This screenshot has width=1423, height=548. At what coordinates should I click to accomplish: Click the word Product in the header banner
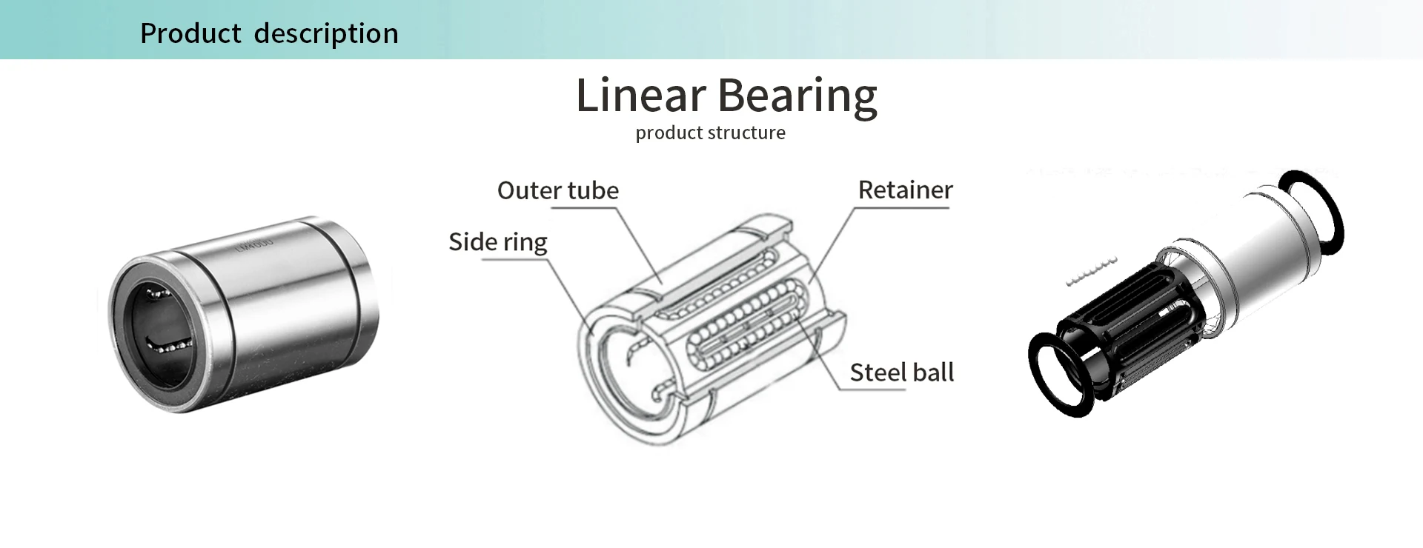pos(190,33)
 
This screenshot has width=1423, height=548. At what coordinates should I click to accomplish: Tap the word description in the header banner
pos(326,33)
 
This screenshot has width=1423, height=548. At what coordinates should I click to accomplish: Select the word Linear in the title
pos(641,96)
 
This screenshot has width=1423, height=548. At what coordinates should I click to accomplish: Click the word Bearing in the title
pos(797,97)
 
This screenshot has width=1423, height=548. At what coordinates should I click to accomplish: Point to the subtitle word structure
pos(748,133)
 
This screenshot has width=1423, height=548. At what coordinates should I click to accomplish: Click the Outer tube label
pos(557,190)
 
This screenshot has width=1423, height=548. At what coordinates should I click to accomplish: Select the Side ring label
pos(497,242)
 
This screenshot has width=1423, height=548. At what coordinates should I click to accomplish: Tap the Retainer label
pos(905,190)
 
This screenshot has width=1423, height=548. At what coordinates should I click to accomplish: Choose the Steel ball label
pos(901,372)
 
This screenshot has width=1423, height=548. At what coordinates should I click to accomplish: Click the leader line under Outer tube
pos(637,244)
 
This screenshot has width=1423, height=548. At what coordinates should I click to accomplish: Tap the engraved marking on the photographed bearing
pos(254,244)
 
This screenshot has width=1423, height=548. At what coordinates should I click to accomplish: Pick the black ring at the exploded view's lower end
pos(1059,374)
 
